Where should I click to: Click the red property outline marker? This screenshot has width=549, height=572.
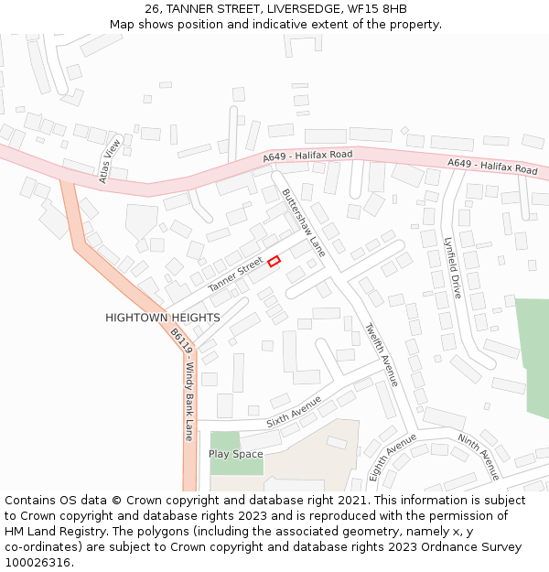click(x=274, y=261)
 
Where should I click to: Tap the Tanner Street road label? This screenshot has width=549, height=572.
click(x=235, y=275)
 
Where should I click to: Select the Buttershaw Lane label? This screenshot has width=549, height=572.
click(x=303, y=222)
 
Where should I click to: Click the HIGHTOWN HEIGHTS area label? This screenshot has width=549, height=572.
click(x=162, y=318)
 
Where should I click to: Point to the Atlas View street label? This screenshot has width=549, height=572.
click(x=110, y=161)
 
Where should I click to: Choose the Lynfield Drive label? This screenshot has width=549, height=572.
click(x=452, y=268)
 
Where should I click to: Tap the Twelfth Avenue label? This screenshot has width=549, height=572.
click(x=381, y=354)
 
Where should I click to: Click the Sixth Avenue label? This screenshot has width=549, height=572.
click(x=294, y=412)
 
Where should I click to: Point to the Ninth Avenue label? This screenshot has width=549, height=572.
click(x=479, y=457)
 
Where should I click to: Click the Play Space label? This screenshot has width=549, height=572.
click(x=235, y=454)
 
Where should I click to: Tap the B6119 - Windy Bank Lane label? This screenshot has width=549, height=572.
click(x=184, y=388)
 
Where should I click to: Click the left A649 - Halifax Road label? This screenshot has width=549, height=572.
click(x=307, y=156)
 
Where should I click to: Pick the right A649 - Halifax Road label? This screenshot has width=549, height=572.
click(x=492, y=167)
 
